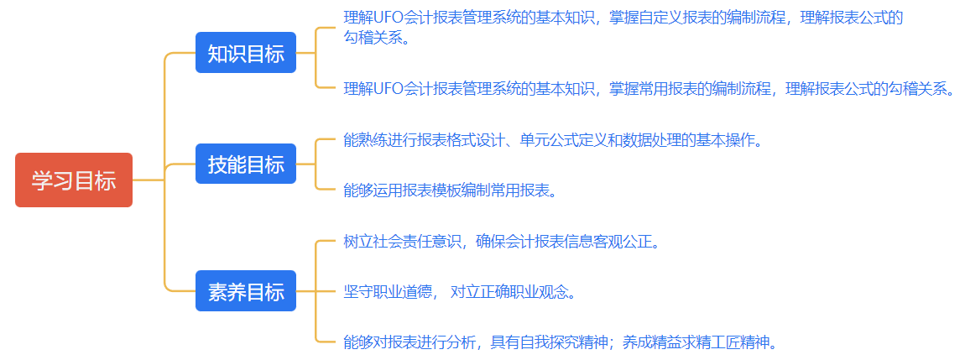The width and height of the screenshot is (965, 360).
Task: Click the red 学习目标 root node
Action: point(74,180)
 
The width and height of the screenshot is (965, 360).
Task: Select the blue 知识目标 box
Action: point(246,54)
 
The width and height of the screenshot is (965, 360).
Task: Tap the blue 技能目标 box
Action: point(246,164)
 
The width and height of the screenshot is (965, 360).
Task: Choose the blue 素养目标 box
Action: point(246,291)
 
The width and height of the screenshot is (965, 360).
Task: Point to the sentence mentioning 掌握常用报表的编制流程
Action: point(649,88)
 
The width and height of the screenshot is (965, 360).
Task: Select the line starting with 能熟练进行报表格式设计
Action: point(553,140)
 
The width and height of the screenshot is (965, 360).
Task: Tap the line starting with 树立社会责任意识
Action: point(502,242)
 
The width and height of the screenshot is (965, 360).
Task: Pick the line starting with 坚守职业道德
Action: point(460,292)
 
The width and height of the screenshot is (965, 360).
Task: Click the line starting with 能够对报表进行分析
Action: point(561,342)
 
